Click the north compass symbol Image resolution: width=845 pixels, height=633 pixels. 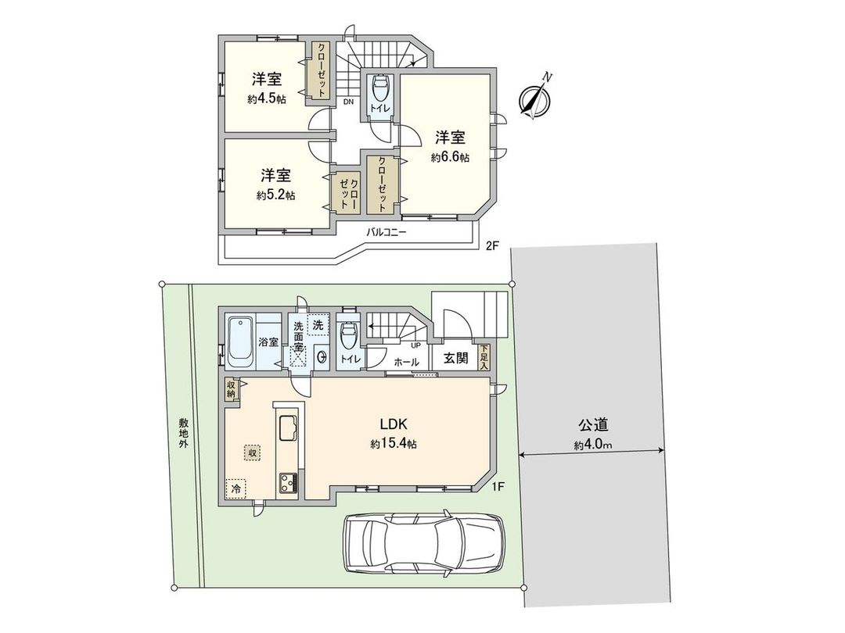(535, 98)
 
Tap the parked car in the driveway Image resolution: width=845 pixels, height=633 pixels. (423, 545)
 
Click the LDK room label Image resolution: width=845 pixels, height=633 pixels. (394, 425)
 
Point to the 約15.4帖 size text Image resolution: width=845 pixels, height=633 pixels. (394, 444)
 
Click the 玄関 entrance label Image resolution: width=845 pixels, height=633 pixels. (456, 359)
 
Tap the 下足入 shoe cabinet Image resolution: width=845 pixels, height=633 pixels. (484, 356)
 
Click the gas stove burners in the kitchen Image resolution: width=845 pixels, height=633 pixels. (286, 482)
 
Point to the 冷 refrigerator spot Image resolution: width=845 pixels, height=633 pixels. (236, 487)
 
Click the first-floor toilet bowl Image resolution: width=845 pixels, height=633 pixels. (348, 337)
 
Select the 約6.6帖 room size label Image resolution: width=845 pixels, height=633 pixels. (450, 157)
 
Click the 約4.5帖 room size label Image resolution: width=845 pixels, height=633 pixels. (266, 99)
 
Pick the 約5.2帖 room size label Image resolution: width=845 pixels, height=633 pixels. (275, 195)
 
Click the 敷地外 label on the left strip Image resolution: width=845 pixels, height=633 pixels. (182, 431)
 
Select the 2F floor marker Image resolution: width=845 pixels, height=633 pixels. (491, 246)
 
